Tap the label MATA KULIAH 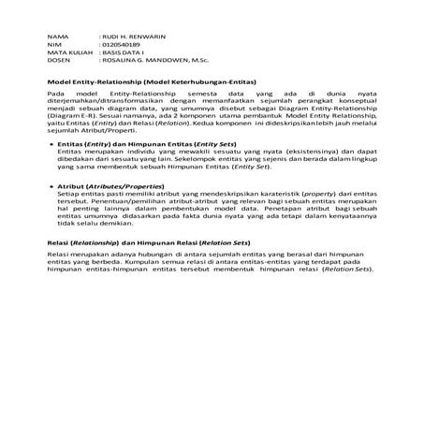66,51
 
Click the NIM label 53,43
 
